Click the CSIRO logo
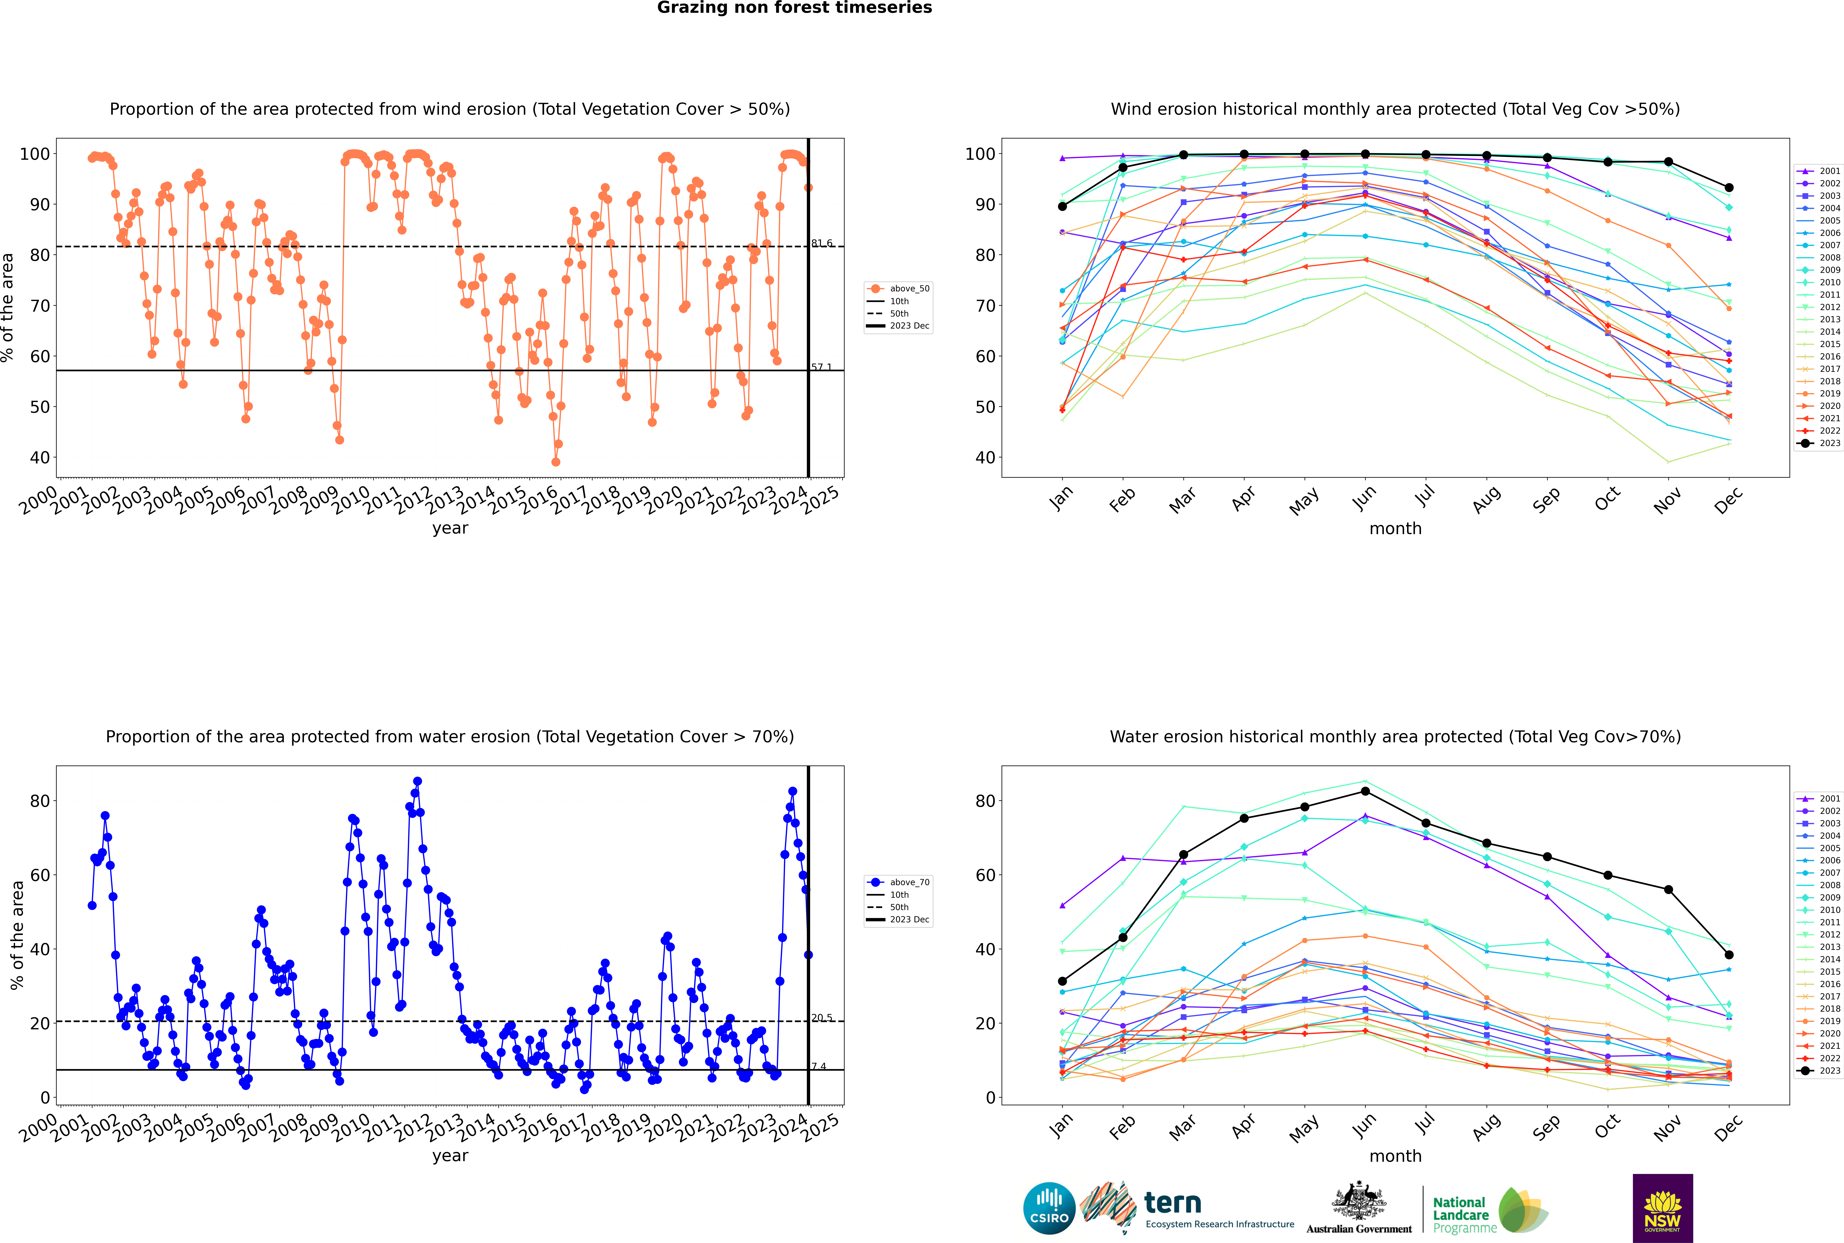[x=1049, y=1208]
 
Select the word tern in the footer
[x=1173, y=1203]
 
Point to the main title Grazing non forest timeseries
[x=794, y=8]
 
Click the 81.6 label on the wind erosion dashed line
[x=821, y=243]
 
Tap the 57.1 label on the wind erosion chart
[x=821, y=367]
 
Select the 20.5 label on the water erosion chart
[x=821, y=1018]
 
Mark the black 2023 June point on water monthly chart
[x=1365, y=791]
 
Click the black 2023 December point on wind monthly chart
[x=1729, y=188]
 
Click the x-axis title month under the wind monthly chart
[x=1395, y=529]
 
